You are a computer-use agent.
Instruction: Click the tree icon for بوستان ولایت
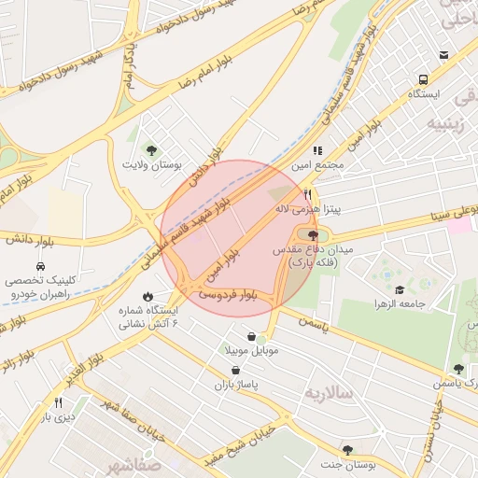point(150,148)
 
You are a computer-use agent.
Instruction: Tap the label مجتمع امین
point(316,164)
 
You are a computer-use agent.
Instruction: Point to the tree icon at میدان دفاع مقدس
point(312,235)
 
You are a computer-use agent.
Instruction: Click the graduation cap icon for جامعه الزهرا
point(401,290)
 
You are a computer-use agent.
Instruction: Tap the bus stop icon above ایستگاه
point(424,80)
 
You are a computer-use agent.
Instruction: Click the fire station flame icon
point(148,295)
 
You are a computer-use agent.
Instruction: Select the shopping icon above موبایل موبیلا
point(251,336)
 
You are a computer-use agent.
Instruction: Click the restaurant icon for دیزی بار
point(58,402)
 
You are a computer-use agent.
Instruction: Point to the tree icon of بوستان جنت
point(347,450)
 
